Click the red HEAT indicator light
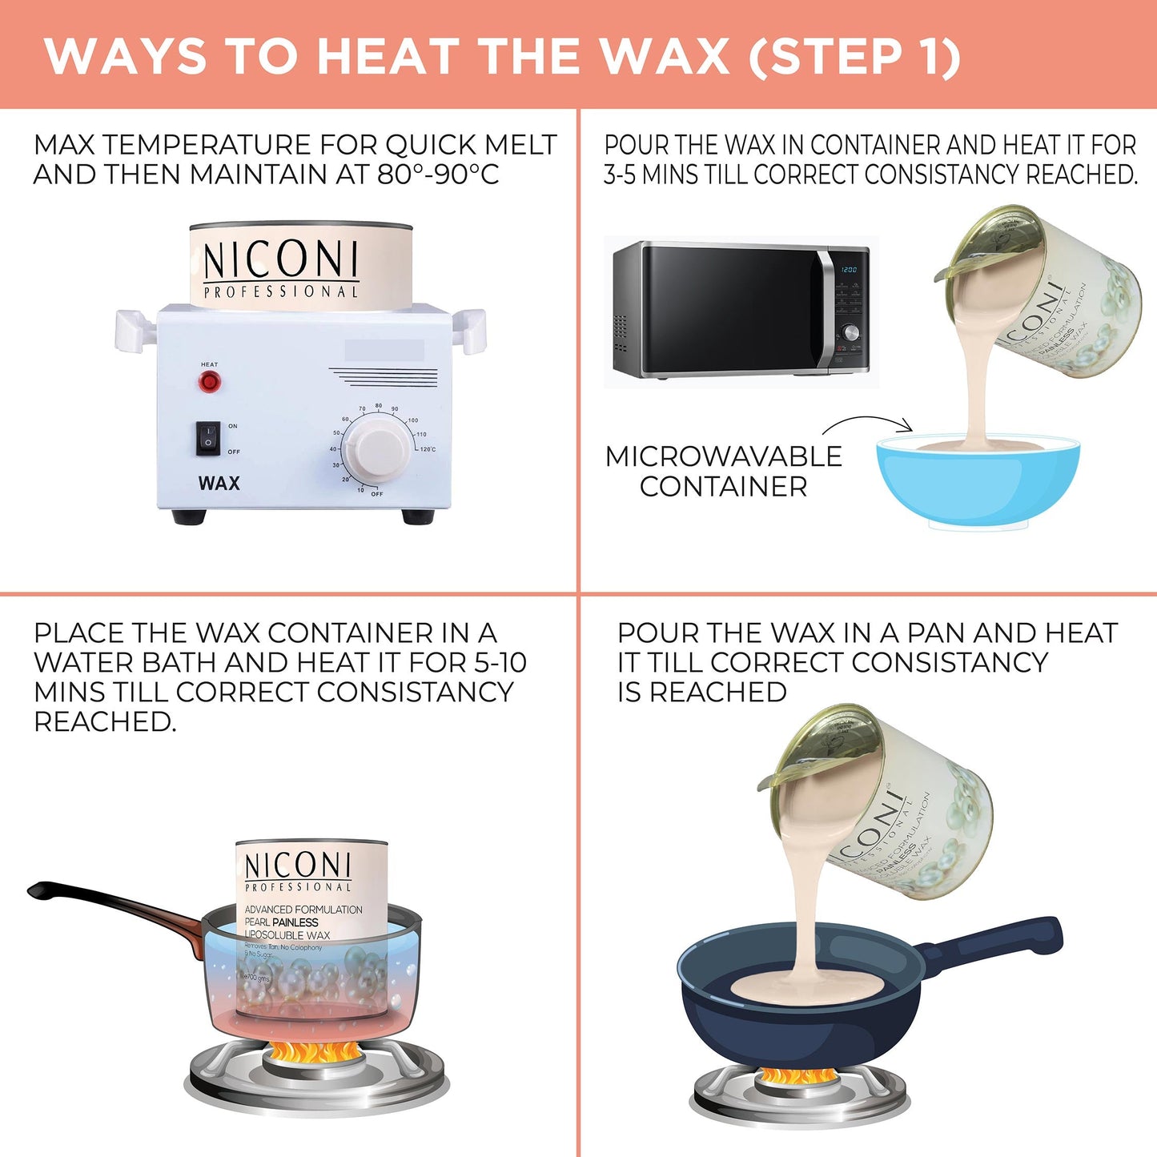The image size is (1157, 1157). tap(209, 382)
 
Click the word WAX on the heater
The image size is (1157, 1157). tap(219, 484)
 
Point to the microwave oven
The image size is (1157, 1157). tap(741, 310)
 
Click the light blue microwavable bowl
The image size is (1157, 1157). tap(978, 481)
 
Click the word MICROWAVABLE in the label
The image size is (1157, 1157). tap(723, 456)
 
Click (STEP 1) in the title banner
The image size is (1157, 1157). tap(854, 57)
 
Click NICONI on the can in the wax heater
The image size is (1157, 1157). tap(279, 260)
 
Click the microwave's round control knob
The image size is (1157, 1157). tap(850, 332)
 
